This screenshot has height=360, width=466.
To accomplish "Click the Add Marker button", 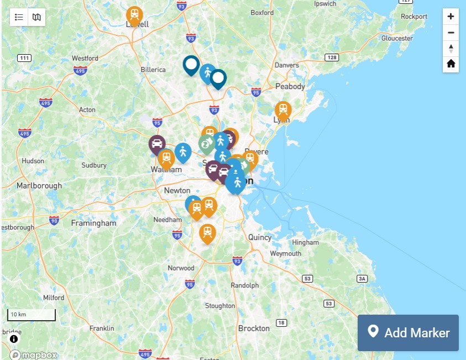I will coord(408,332).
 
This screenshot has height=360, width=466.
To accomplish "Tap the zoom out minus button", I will coord(451,33).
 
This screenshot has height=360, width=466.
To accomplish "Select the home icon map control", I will coord(451,64).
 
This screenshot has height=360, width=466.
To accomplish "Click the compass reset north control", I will coord(451,48).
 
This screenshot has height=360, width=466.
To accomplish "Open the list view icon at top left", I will coord(19,17).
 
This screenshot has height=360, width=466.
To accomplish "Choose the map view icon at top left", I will coord(36,17).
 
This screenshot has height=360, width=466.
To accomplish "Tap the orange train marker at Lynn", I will coord(283,109).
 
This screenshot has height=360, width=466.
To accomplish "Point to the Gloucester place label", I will coord(397,38).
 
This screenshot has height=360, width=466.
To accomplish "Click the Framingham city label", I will coord(94,223).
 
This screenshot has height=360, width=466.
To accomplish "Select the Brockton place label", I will coord(254,328).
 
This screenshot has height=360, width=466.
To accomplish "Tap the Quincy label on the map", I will coord(260,237).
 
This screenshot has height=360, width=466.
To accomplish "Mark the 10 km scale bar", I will coord(32,315).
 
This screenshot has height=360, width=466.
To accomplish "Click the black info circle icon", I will coord(14,338).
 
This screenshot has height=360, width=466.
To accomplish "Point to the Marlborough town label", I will coord(39,185).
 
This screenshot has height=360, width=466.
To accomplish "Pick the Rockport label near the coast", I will coord(414,17).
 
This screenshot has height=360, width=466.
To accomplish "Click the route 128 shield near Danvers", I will coord(331,58).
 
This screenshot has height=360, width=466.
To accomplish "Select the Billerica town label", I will coord(153,70).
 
